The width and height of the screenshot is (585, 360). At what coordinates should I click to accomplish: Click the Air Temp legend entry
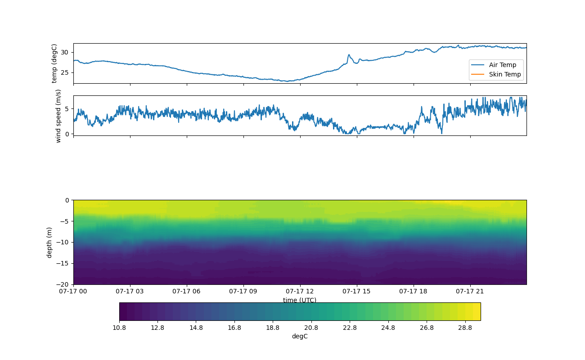pyautogui.click(x=494, y=65)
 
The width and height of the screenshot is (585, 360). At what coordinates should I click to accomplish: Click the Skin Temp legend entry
pyautogui.click(x=496, y=74)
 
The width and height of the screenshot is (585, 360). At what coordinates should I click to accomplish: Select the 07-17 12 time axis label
pyautogui.click(x=300, y=291)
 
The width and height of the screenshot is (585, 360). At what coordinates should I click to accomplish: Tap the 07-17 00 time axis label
pyautogui.click(x=73, y=291)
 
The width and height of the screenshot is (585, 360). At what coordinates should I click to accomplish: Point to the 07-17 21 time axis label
pyautogui.click(x=470, y=291)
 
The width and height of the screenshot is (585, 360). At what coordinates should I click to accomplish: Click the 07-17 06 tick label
pyautogui.click(x=186, y=291)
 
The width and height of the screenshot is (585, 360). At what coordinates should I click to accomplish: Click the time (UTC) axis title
pyautogui.click(x=300, y=300)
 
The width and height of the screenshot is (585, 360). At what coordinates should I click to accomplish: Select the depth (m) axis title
pyautogui.click(x=49, y=243)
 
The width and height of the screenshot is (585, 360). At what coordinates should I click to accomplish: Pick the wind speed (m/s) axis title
pyautogui.click(x=58, y=116)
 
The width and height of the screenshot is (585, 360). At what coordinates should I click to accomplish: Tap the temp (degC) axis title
pyautogui.click(x=54, y=63)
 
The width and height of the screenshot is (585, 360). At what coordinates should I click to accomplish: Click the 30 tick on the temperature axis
pyautogui.click(x=64, y=53)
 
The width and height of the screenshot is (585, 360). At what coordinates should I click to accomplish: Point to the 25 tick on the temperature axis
pyautogui.click(x=64, y=72)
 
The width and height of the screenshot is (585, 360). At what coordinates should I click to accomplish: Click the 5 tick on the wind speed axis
pyautogui.click(x=67, y=109)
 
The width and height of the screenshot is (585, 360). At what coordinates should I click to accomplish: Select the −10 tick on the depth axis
pyautogui.click(x=63, y=243)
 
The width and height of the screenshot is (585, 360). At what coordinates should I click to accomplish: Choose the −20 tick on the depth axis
pyautogui.click(x=63, y=284)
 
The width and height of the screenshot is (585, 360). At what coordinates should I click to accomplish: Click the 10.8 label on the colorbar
pyautogui.click(x=119, y=328)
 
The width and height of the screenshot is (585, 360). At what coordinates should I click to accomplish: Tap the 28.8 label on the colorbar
pyautogui.click(x=465, y=328)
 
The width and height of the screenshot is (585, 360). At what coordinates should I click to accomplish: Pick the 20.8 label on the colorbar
pyautogui.click(x=311, y=328)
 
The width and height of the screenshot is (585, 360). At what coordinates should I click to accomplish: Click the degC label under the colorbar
pyautogui.click(x=300, y=337)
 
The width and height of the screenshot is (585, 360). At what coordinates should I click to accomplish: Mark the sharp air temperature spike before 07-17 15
pyautogui.click(x=349, y=55)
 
